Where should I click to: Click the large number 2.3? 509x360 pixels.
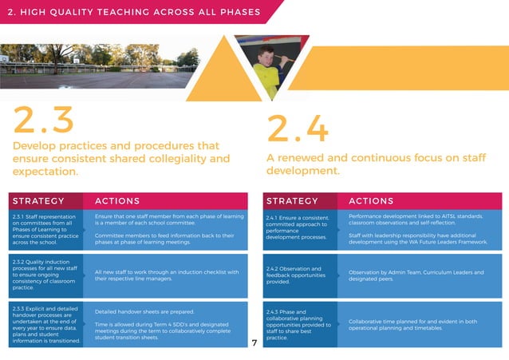click(x=44, y=121)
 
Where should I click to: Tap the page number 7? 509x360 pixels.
click(x=253, y=343)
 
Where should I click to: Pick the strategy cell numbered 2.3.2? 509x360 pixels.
click(x=46, y=274)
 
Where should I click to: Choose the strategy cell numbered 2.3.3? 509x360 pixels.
click(x=46, y=324)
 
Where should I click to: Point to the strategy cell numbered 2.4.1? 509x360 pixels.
click(x=298, y=228)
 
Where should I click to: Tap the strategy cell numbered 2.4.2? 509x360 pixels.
click(x=298, y=275)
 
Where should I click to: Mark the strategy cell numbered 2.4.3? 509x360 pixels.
click(x=298, y=324)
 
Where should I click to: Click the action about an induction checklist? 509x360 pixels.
click(x=167, y=275)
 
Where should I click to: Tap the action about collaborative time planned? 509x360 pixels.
click(x=412, y=324)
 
